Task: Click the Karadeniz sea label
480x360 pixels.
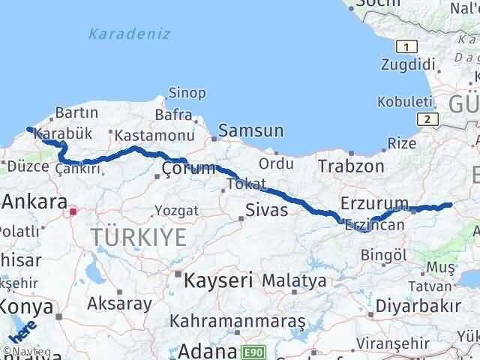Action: point(129,34)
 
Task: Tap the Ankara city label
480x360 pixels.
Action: point(34,201)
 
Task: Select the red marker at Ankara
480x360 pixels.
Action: point(72,212)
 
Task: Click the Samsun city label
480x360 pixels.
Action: point(251,131)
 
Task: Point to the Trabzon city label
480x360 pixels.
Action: point(351,166)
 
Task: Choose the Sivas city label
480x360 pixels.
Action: point(268,210)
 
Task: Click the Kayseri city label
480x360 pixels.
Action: point(217,280)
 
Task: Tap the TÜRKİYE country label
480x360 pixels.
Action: point(139,238)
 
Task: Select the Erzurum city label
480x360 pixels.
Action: point(373,203)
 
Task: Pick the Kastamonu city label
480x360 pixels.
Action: point(145,135)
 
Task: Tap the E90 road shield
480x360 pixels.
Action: point(253,351)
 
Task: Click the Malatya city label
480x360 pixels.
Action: point(293,281)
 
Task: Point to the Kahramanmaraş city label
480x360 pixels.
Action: point(237,321)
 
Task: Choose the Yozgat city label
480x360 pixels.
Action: point(176,211)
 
